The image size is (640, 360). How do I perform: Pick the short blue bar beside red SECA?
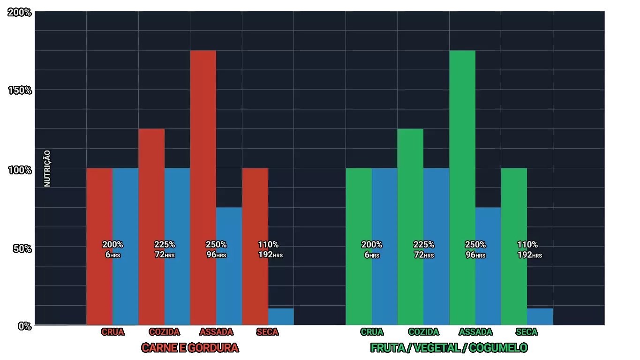click(x=281, y=316)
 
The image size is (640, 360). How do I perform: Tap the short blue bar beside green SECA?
click(x=540, y=316)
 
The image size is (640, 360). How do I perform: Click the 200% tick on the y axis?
click(x=20, y=13)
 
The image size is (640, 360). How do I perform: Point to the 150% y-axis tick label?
click(x=20, y=90)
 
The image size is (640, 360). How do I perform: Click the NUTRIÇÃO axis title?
click(x=47, y=168)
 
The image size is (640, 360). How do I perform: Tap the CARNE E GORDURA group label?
click(x=190, y=347)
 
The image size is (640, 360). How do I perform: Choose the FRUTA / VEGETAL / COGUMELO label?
click(x=449, y=347)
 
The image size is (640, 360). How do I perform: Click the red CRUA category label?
click(x=113, y=332)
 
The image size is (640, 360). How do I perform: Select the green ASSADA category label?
click(x=475, y=332)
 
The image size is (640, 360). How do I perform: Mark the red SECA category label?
click(x=267, y=332)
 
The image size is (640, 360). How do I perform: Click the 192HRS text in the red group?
click(x=271, y=255)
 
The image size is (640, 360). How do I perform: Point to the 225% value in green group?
click(x=423, y=244)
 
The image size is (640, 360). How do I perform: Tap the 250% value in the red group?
click(x=216, y=244)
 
